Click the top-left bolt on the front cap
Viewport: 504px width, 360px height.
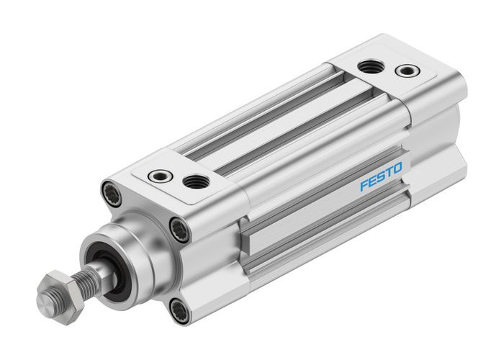[x=113, y=193]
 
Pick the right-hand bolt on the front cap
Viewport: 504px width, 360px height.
[x=180, y=230]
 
